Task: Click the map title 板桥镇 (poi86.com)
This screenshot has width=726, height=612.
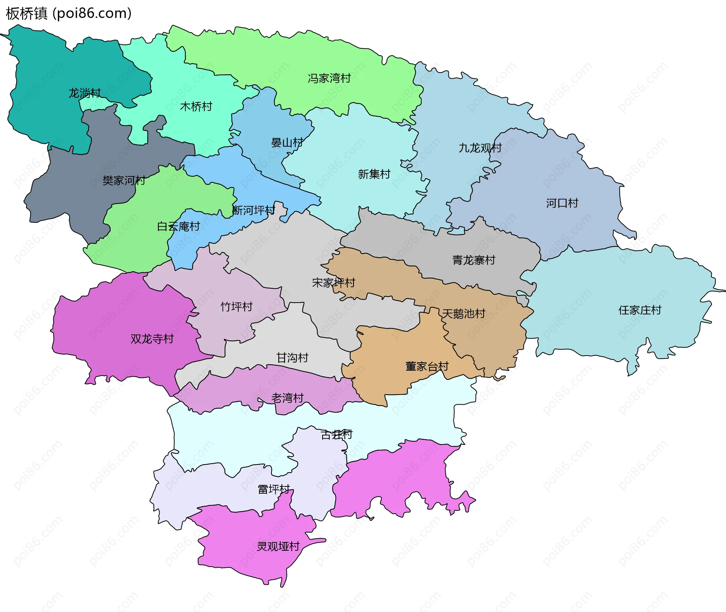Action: [x=68, y=14]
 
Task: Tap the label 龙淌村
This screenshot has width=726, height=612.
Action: [x=84, y=93]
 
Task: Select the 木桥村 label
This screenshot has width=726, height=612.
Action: [x=196, y=107]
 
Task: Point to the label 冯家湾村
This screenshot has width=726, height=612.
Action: [x=329, y=78]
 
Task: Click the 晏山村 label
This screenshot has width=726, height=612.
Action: [x=287, y=143]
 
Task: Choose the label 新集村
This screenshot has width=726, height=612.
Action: [x=374, y=174]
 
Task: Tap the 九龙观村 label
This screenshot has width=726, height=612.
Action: [x=480, y=148]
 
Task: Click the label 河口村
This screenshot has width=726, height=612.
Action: [x=562, y=203]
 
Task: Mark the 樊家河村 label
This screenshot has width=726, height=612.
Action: [x=124, y=180]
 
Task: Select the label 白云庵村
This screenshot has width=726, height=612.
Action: [x=178, y=227]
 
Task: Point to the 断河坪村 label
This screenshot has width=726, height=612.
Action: [x=253, y=210]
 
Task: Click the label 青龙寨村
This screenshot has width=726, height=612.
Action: [x=473, y=260]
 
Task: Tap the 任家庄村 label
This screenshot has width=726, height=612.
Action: [x=639, y=311]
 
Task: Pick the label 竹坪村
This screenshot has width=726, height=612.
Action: [x=236, y=307]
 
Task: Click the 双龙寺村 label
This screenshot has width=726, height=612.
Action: [x=152, y=339]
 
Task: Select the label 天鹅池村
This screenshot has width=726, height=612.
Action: [x=464, y=314]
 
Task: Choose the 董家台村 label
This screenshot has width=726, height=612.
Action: [x=427, y=367]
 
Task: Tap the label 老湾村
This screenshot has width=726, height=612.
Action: [x=287, y=398]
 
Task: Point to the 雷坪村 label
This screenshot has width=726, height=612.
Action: [x=274, y=489]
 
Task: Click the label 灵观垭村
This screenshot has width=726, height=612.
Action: [x=278, y=547]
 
